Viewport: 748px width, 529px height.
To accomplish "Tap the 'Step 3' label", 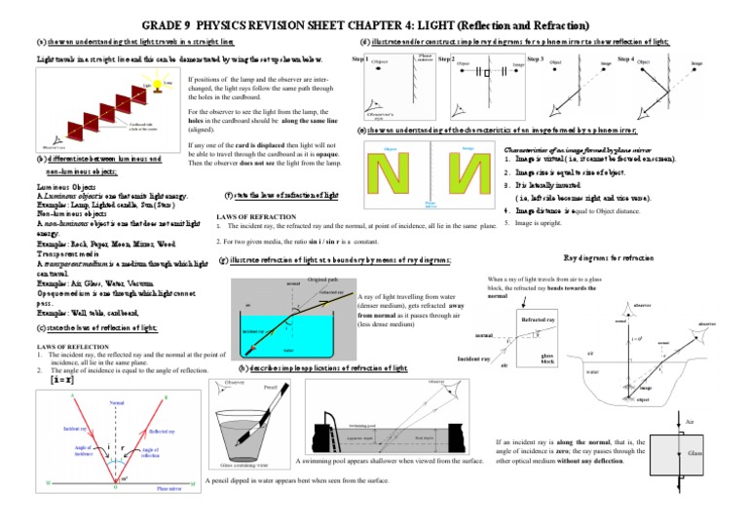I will [536, 59].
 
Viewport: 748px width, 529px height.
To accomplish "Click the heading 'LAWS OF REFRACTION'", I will [257, 215].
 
